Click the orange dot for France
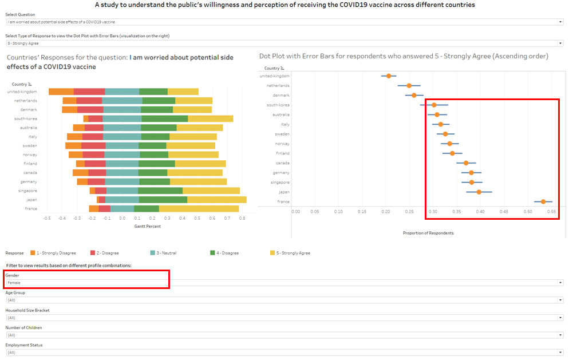(543, 201)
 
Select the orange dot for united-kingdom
(389, 76)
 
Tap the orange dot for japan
(479, 192)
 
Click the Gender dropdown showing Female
(284, 283)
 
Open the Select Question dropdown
(284, 22)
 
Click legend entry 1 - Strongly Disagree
(57, 253)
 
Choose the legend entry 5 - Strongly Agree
(291, 253)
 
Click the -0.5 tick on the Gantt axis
(47, 218)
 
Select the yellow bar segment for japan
(217, 200)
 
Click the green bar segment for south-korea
(165, 118)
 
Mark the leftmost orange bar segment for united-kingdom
(61, 92)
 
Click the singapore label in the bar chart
(26, 191)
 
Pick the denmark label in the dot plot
(280, 96)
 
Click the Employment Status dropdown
(284, 352)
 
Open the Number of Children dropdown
(284, 335)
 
